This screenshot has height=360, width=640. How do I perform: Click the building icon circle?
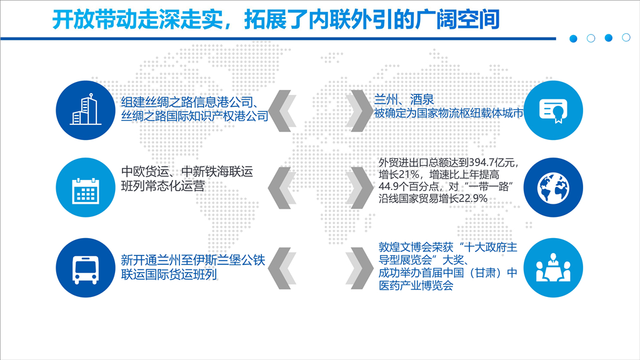[86, 110]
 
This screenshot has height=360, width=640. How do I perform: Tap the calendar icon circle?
[86, 187]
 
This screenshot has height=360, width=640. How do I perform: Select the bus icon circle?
[86, 267]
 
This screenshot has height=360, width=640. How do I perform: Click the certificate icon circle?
[554, 110]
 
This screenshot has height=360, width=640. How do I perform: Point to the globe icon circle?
[554, 187]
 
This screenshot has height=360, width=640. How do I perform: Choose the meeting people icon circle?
[554, 267]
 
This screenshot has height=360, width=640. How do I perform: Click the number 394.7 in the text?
[481, 162]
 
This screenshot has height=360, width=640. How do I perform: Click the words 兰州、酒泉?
[404, 99]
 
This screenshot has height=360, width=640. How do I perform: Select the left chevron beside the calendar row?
[282, 187]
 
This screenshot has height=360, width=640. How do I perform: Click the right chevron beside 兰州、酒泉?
[359, 111]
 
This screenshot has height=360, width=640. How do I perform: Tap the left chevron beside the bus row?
[282, 268]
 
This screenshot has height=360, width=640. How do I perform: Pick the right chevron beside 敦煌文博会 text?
[359, 268]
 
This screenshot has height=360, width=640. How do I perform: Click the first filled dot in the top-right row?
[574, 39]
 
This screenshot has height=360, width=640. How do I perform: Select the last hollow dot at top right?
[626, 37]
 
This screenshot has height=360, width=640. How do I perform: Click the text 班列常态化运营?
[163, 186]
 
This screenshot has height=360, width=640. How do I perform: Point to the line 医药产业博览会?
[416, 285]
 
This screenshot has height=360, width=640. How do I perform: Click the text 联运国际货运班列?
[169, 274]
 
